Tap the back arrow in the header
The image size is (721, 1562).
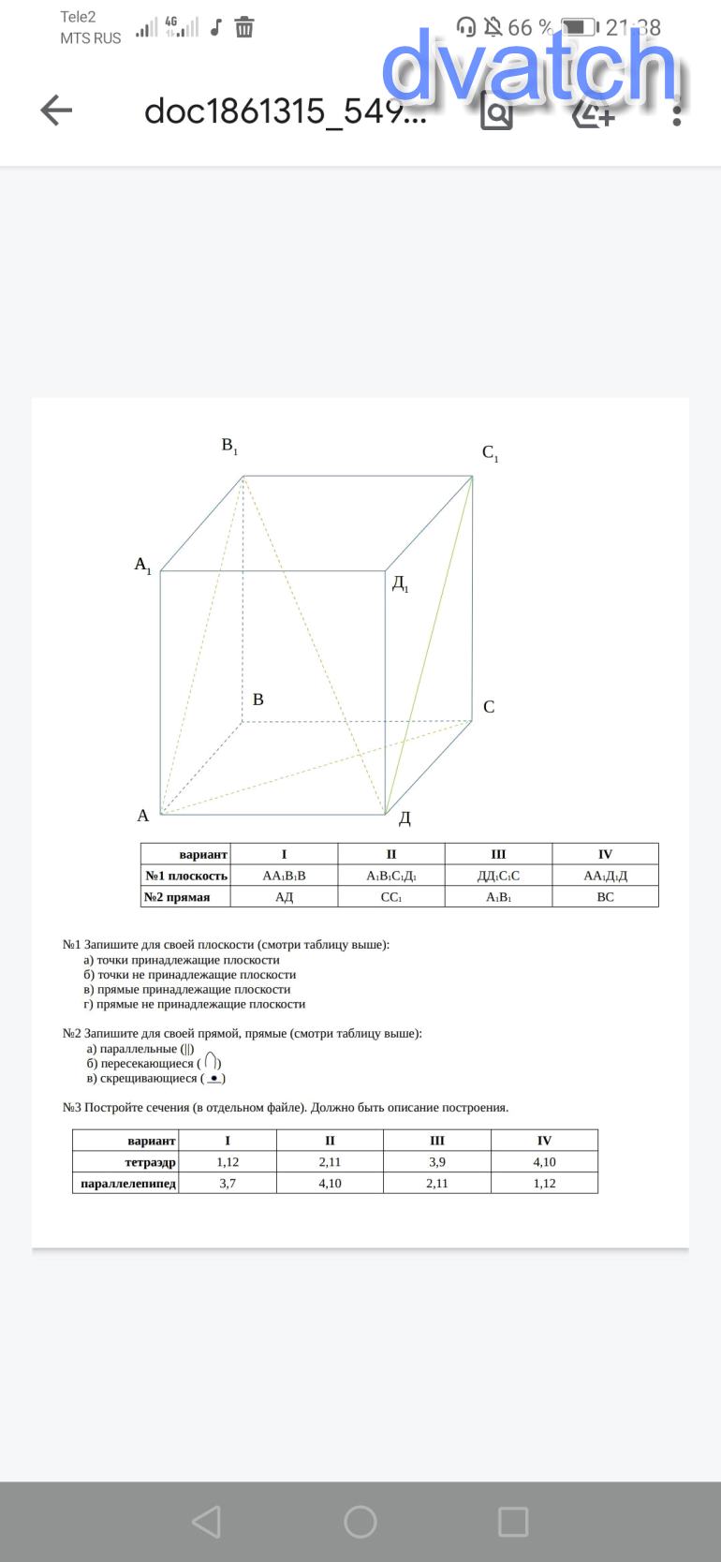click(57, 111)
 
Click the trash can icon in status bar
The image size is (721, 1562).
click(244, 27)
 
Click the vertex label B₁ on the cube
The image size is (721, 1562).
click(229, 446)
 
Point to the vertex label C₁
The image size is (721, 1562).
click(490, 453)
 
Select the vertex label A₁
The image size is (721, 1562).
click(142, 565)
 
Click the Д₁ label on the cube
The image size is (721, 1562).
click(400, 583)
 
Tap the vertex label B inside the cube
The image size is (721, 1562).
click(258, 700)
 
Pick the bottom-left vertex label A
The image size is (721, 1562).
click(143, 816)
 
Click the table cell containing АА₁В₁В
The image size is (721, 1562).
click(284, 876)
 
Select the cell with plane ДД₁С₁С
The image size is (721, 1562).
click(498, 876)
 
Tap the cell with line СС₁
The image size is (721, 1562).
click(391, 897)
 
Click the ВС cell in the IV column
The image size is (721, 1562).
click(605, 897)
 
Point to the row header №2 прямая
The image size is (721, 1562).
click(177, 897)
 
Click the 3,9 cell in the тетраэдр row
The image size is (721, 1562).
click(437, 1162)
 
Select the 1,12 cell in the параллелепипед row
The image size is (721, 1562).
click(544, 1184)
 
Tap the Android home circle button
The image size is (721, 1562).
click(360, 1522)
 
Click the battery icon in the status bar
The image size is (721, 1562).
click(580, 27)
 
